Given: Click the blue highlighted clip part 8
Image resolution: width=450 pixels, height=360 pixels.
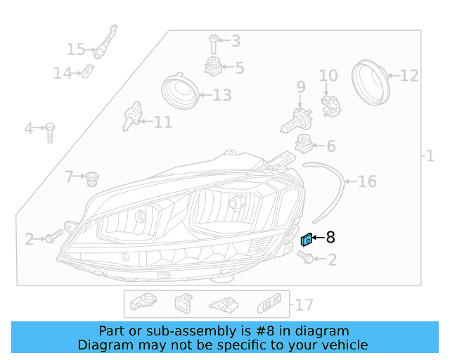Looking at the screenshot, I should click(x=307, y=240).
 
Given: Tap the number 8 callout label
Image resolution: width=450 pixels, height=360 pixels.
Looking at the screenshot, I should click(x=330, y=238).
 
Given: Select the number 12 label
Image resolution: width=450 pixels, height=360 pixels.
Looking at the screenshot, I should click(x=409, y=75).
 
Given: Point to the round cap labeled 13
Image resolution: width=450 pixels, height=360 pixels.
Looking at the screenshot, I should click(x=179, y=94).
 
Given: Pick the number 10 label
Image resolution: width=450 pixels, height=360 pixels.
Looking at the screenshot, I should click(x=328, y=76).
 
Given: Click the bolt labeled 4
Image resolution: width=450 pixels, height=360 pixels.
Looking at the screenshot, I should click(x=50, y=131).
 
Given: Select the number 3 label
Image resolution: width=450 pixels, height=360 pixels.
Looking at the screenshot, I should click(x=235, y=41).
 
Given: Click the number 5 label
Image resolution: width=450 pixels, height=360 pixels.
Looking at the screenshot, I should click(x=240, y=68).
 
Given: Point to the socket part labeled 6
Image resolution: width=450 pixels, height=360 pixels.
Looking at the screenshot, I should click(x=304, y=143).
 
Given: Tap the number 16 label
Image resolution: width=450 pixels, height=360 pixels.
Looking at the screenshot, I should click(x=367, y=182).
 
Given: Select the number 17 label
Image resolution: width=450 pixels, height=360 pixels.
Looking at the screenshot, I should click(x=304, y=305).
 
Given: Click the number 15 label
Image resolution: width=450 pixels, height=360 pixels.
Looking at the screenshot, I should click(x=76, y=49).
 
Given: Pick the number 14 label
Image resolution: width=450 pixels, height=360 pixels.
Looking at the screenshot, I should click(x=63, y=72).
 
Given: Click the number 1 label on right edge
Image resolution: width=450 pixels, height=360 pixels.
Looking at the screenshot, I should click(x=430, y=155).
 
